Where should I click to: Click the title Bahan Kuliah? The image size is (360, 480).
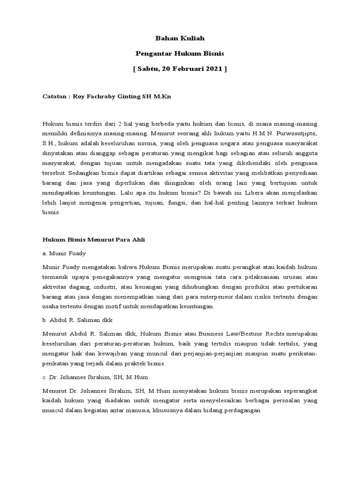180,38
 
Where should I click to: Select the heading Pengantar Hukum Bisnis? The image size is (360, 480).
180,53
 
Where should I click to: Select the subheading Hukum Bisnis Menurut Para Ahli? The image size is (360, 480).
94,240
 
